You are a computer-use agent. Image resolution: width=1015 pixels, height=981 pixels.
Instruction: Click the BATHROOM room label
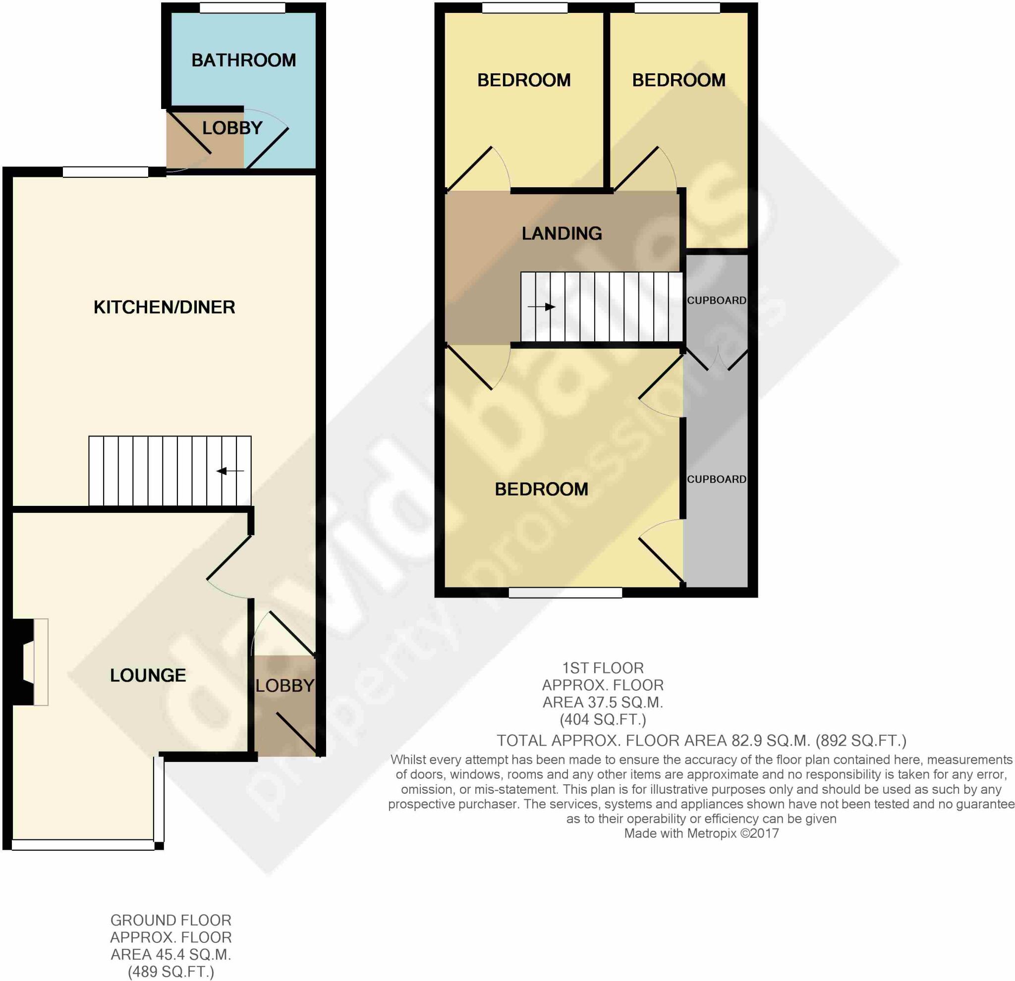pyautogui.click(x=243, y=60)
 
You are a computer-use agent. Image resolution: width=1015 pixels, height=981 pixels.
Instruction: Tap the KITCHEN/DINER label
pyautogui.click(x=164, y=308)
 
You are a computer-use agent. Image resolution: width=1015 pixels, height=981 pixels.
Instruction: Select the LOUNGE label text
pyautogui.click(x=148, y=675)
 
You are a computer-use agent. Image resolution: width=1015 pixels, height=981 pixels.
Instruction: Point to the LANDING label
pyautogui.click(x=562, y=233)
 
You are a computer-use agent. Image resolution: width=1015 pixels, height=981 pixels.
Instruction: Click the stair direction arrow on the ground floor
pyautogui.click(x=230, y=471)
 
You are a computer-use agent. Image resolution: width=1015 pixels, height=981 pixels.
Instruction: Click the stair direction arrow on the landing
pyautogui.click(x=542, y=307)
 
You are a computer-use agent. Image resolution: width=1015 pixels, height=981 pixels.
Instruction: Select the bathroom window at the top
pyautogui.click(x=242, y=8)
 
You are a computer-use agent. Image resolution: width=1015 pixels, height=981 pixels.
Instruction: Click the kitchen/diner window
pyautogui.click(x=106, y=172)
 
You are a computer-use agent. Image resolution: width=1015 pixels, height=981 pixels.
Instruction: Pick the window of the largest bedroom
pyautogui.click(x=565, y=593)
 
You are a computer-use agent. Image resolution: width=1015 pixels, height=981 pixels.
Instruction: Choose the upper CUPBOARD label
pyautogui.click(x=717, y=300)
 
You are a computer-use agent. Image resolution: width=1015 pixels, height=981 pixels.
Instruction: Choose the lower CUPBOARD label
pyautogui.click(x=717, y=480)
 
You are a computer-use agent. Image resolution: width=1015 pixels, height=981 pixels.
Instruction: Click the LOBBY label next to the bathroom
pyautogui.click(x=232, y=128)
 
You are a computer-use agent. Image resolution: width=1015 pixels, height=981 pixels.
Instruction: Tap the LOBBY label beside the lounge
pyautogui.click(x=285, y=685)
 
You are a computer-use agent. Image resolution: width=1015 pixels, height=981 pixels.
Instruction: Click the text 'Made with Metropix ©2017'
pyautogui.click(x=701, y=833)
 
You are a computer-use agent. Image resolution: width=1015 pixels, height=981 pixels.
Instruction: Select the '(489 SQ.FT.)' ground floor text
pyautogui.click(x=171, y=972)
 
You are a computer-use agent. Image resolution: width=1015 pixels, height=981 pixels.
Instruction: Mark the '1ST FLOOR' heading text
pyautogui.click(x=603, y=668)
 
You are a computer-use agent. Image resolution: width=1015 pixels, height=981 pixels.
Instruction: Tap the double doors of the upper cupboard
pyautogui.click(x=718, y=360)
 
